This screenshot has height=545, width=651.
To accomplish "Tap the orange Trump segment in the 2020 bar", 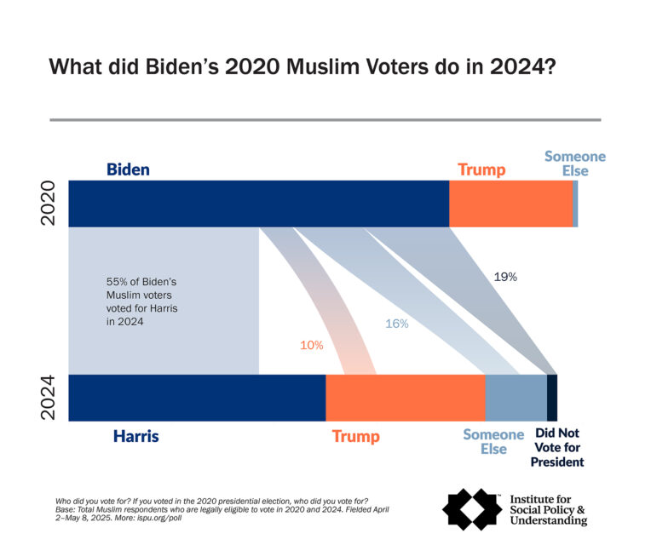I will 510,204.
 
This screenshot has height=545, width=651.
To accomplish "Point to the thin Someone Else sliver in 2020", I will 575,204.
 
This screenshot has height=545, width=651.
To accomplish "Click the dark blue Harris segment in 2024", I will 197,398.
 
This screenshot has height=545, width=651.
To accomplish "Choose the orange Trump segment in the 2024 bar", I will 405,398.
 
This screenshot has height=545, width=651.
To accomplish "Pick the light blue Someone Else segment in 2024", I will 516,398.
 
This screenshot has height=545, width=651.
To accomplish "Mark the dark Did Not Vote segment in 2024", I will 551,398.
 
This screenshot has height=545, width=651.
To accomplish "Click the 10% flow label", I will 311,345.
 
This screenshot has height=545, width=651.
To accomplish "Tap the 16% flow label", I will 397,324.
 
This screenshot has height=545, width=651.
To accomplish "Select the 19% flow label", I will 505,277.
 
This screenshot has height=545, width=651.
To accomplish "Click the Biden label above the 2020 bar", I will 128,169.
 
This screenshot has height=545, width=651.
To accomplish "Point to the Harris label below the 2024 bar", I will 136,437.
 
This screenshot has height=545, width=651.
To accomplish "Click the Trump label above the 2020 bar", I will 481,169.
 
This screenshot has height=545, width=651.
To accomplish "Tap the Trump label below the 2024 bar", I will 356,437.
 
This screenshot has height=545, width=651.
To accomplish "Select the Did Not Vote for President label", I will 558,448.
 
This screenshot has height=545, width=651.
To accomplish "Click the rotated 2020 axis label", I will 49,203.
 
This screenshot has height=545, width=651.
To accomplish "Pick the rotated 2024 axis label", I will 49,397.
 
